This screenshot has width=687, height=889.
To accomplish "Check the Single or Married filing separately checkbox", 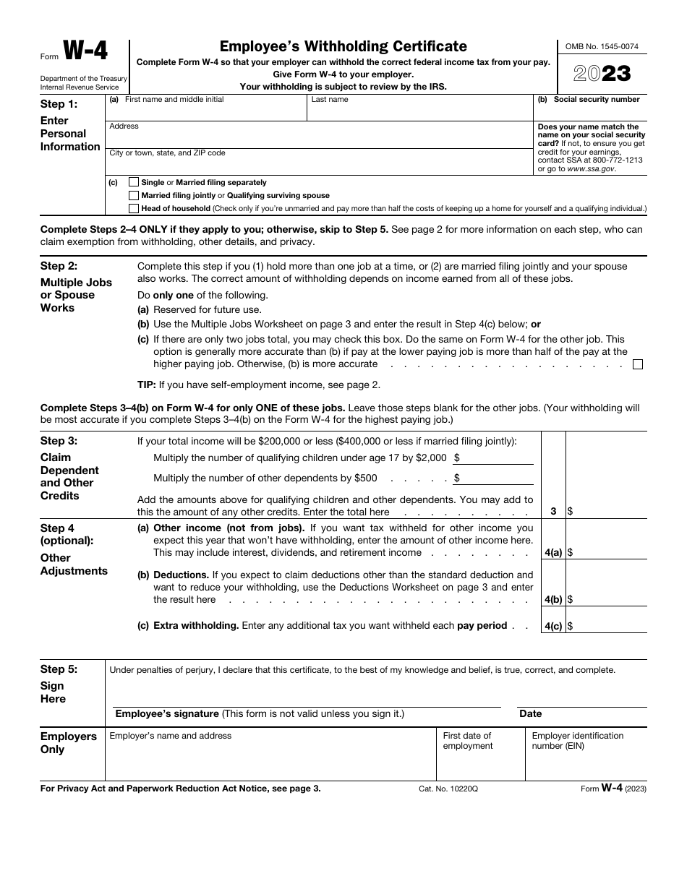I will [134, 183].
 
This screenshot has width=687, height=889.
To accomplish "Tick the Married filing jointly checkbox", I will [134, 196].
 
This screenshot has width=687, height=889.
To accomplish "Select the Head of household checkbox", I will [134, 209].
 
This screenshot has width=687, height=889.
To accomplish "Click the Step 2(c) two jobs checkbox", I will [637, 364].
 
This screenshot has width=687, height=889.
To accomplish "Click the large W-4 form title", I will [85, 52].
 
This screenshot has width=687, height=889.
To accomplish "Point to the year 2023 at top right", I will [602, 74].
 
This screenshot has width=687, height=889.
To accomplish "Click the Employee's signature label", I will [167, 714].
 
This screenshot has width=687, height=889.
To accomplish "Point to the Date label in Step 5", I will [530, 714].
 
